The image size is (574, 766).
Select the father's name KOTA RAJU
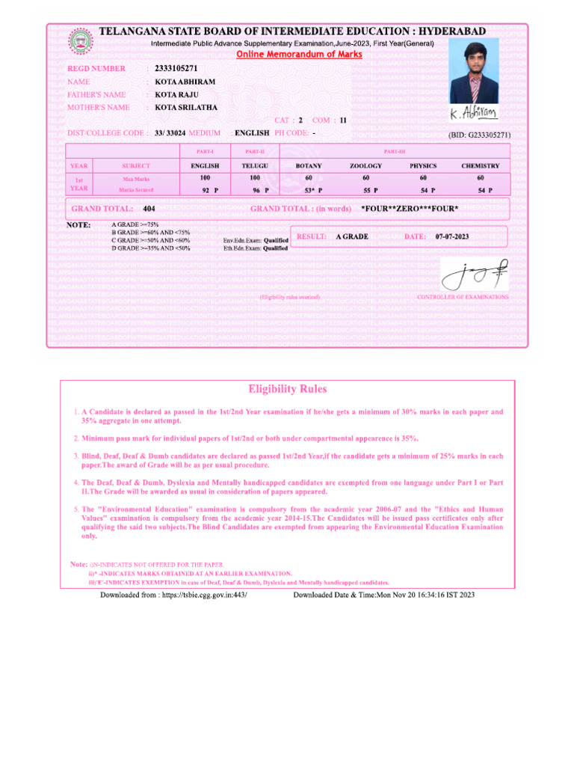coord(175,95)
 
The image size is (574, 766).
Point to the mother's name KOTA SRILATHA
coord(186,108)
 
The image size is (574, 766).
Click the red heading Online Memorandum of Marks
coord(299,55)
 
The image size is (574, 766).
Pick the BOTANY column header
coord(309,165)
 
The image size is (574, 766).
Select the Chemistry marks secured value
coord(481,191)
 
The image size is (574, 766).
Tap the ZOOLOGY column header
coord(365,165)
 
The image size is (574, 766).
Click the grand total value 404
coord(149,209)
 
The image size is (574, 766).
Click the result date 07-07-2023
coord(452,236)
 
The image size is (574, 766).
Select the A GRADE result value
coord(352,236)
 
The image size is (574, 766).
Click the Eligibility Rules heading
coord(287,389)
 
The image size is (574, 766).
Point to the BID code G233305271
coord(479,135)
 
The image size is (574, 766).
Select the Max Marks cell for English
coord(205,178)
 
